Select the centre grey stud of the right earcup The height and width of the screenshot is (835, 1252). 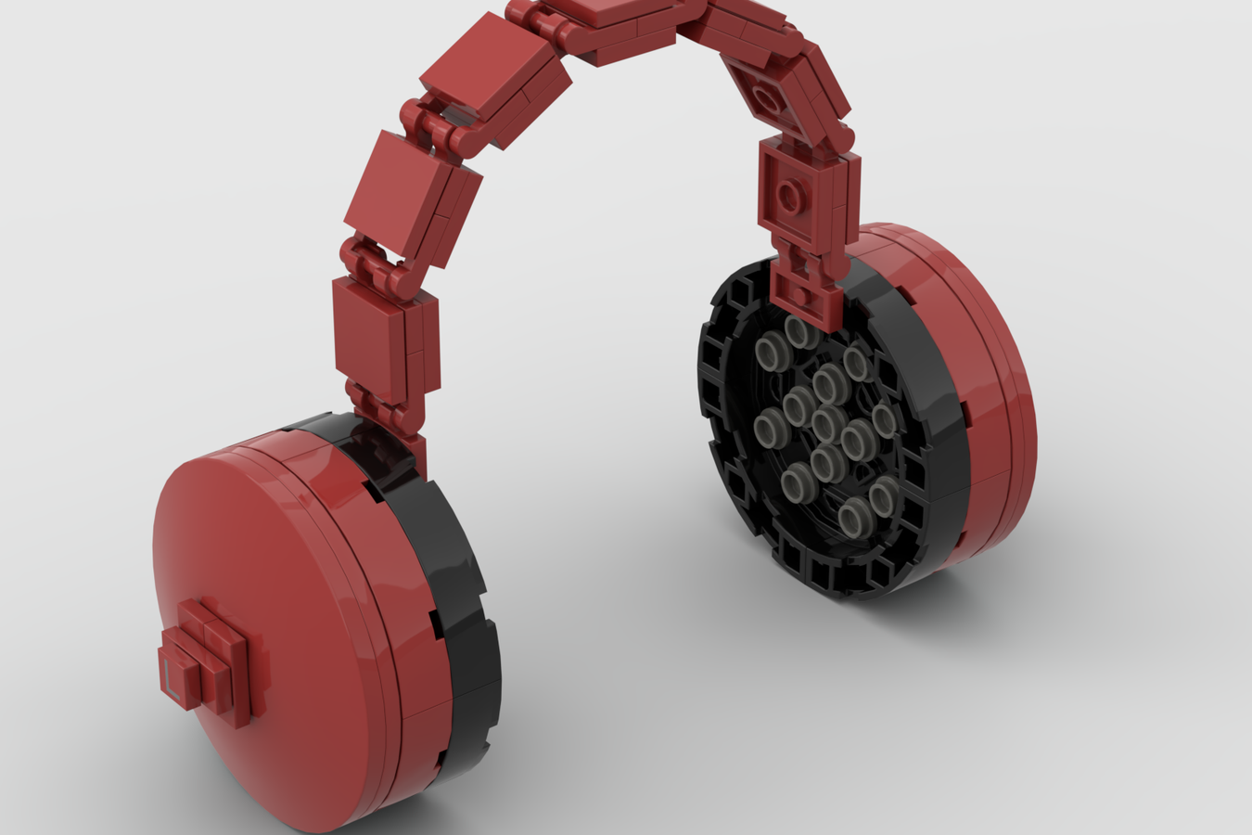pos(825,422)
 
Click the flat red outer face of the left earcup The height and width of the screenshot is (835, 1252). pos(278,603)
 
